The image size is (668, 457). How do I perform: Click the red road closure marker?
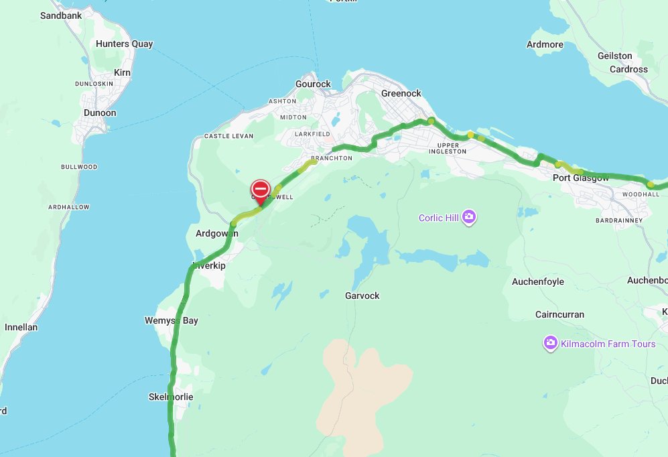pos(261,188)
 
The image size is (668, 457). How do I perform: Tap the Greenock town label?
pos(401,93)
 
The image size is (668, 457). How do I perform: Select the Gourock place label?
pos(313,84)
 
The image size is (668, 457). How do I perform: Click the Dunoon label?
pos(100,113)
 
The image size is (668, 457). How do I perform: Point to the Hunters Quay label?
pos(124,44)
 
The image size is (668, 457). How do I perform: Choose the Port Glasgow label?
pos(581,178)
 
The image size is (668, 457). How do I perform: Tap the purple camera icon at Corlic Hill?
pos(469,217)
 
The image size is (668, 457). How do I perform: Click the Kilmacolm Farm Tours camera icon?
pos(550,344)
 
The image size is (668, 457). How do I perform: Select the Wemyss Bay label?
pos(172,320)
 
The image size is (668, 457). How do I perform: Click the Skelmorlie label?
pos(170,397)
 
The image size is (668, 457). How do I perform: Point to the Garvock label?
pos(362,296)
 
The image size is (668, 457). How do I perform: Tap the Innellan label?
pos(21,328)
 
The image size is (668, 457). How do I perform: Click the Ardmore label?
pos(545,44)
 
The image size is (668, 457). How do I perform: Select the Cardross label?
pos(628,69)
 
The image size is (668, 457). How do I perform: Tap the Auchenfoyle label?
pos(537,282)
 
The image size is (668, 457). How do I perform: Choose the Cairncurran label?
pos(559,314)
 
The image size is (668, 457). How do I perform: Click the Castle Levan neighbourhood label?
pos(226,136)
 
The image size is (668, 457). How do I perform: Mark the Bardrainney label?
pos(618,220)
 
